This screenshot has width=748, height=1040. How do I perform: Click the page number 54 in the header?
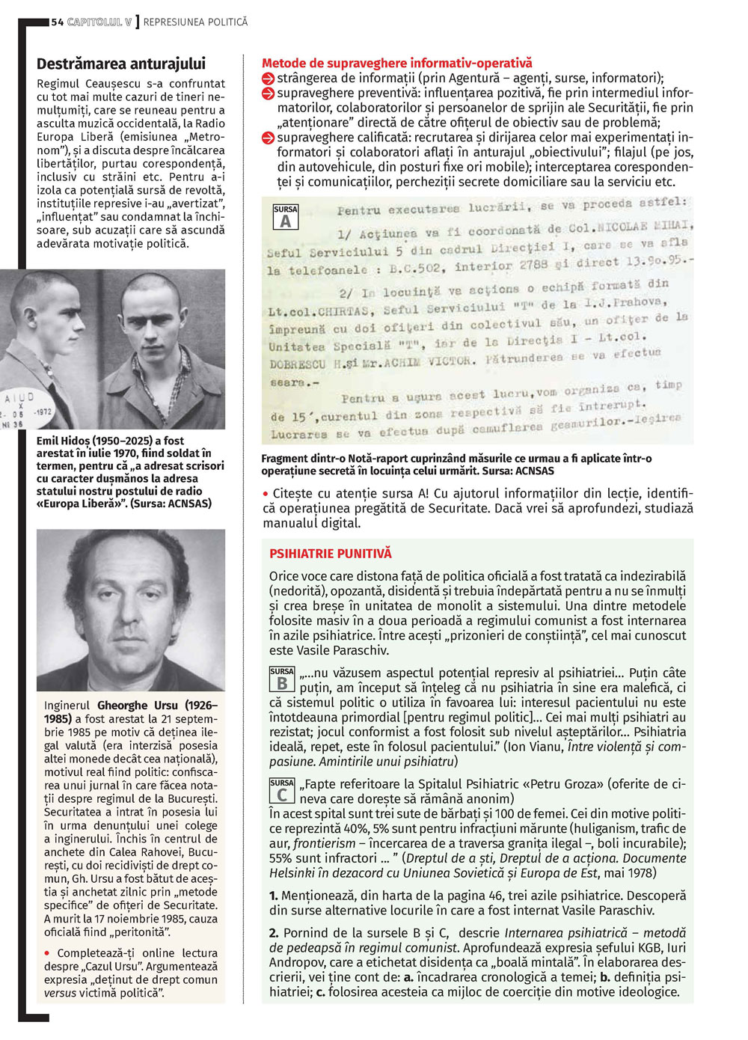pos(57,22)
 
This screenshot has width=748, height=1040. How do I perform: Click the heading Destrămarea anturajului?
pos(121,64)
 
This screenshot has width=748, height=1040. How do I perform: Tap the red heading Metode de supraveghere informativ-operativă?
pos(396,64)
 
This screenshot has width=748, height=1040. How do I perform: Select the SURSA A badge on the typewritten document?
pos(286,217)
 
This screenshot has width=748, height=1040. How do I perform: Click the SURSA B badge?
pos(282,679)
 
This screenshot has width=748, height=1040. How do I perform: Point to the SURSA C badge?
pos(282,791)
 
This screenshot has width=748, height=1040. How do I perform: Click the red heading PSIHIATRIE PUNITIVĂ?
pos(330,554)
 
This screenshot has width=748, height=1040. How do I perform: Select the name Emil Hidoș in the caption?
pos(62,441)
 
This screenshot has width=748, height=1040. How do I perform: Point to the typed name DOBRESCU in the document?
pos(297,364)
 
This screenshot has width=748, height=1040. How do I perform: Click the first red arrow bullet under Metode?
pos(269,79)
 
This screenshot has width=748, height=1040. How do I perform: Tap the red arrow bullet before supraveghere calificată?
pos(269,138)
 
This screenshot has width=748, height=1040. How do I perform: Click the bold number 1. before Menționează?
pos(274,896)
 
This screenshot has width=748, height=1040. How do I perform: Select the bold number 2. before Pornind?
pos(274,933)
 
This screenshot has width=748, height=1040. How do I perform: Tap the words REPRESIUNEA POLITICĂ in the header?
pos(195,22)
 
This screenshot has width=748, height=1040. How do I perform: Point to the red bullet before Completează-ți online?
pos(48,953)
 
